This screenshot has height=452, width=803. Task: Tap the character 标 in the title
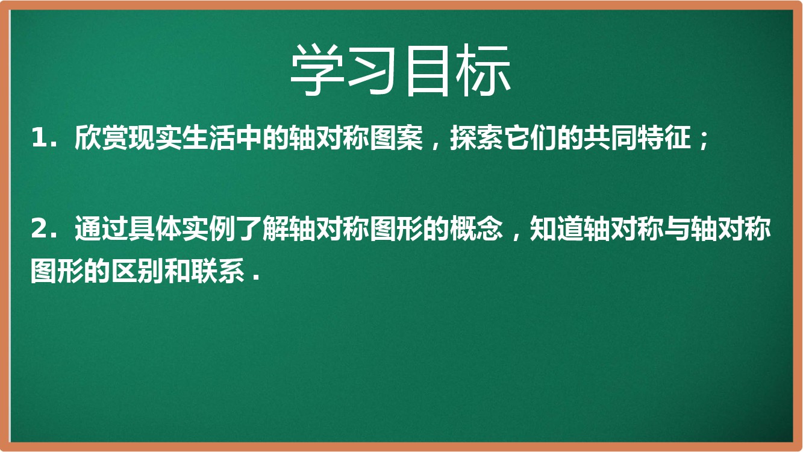point(483,71)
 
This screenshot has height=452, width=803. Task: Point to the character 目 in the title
point(428,71)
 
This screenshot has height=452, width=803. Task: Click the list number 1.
point(38,138)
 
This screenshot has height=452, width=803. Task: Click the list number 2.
point(38,228)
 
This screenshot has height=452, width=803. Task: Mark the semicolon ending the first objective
point(704,140)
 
